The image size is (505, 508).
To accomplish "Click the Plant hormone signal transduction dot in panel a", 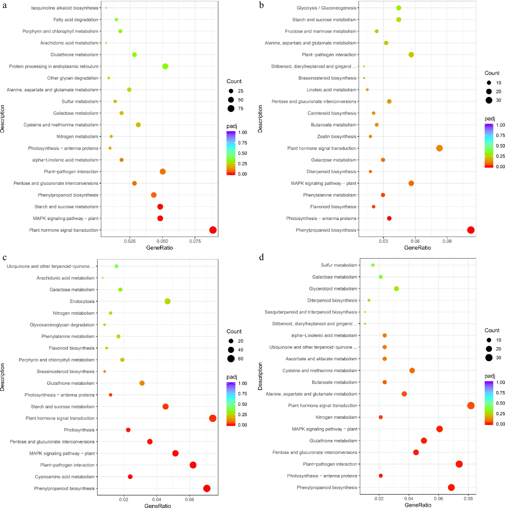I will coord(213,230).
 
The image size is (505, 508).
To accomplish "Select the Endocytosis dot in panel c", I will coord(167,301).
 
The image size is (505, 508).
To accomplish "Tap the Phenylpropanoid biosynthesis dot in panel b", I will coord(471,230).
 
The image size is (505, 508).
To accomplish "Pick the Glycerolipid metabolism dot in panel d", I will coord(396,289).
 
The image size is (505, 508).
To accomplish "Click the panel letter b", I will coord(261,5).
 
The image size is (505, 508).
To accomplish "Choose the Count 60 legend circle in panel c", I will coord(231,359).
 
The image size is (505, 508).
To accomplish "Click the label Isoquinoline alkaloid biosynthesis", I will coord(64,8).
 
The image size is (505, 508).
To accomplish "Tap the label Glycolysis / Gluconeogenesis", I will coord(326,8).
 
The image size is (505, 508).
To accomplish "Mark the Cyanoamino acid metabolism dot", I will coord(130,477).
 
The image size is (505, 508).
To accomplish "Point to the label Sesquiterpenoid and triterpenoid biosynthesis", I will coord(311,312).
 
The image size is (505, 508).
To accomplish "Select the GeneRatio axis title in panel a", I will coord(159,248).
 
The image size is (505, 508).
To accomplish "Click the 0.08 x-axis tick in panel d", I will coord(468,499).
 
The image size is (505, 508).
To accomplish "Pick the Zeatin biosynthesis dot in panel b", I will coord(370,136).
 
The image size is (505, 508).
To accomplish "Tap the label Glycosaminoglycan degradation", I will coord(62,325).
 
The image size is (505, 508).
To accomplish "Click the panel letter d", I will coord(261,257).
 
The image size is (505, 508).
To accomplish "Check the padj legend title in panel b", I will coord(490,119).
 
